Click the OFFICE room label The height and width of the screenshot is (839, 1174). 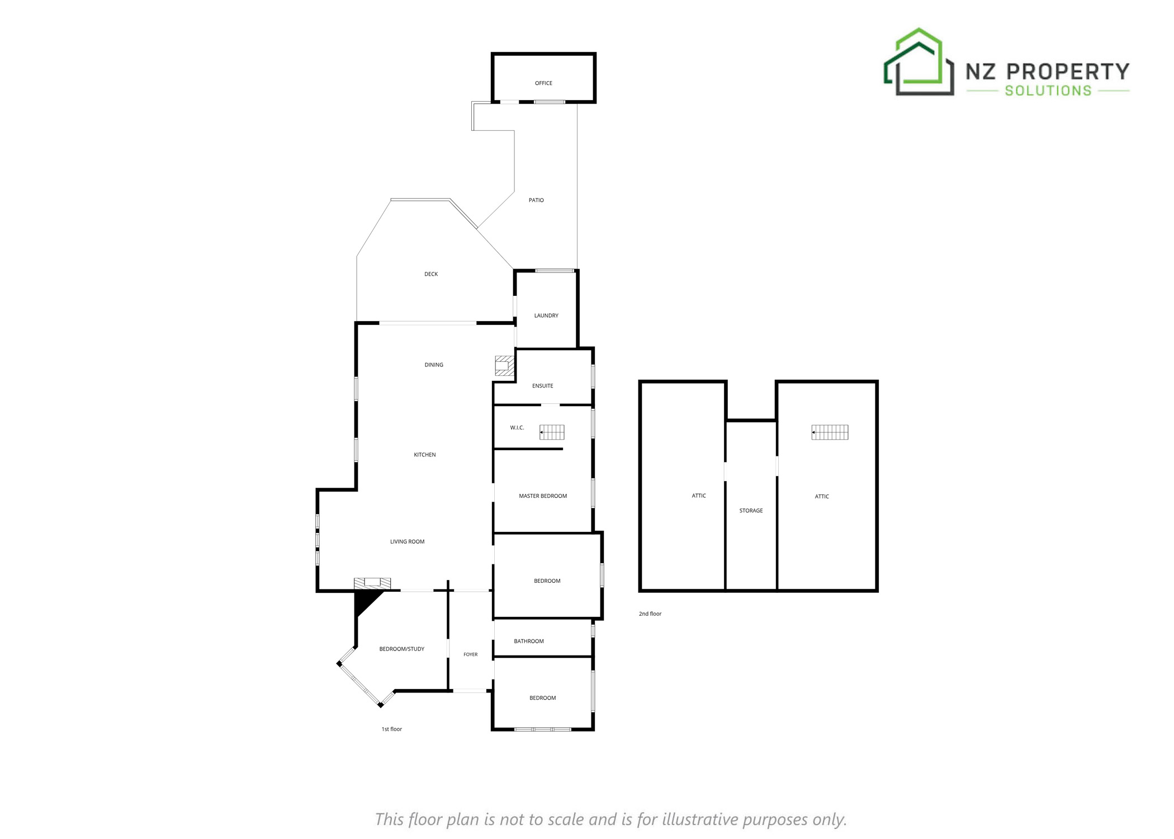tap(543, 83)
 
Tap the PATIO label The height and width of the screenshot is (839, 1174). tap(536, 200)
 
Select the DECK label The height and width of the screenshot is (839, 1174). tap(431, 274)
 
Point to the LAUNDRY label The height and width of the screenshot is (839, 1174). tap(546, 315)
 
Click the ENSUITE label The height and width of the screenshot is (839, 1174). tap(542, 386)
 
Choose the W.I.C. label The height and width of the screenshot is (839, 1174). tap(517, 428)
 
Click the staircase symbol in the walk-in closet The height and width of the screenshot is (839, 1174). tap(552, 432)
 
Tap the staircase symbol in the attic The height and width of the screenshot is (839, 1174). tap(830, 432)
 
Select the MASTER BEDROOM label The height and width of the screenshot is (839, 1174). tap(543, 496)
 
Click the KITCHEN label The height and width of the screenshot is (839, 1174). tap(425, 455)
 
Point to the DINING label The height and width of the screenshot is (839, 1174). tap(434, 365)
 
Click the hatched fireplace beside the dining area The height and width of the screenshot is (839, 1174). tap(504, 366)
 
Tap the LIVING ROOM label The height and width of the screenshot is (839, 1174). tap(407, 541)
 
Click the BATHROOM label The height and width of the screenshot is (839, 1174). tap(529, 641)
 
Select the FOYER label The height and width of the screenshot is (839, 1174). tap(471, 654)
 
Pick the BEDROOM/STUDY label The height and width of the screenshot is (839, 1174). tap(402, 649)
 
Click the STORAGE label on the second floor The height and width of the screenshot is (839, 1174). tap(751, 511)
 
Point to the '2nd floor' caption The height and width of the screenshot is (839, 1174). tap(650, 614)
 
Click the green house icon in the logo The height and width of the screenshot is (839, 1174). tap(919, 62)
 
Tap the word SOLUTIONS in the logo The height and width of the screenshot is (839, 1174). tap(1048, 91)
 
